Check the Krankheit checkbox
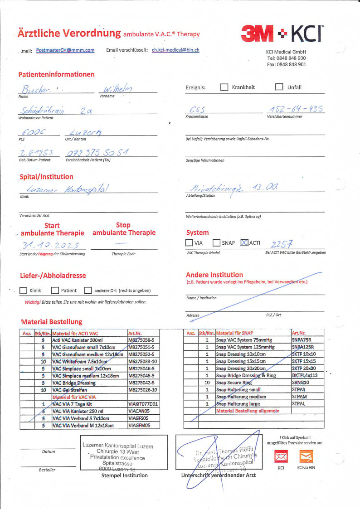[224, 87]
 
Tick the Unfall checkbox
[279, 87]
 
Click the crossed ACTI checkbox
[244, 243]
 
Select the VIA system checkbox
[189, 243]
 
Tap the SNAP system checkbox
[216, 243]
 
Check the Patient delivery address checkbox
[55, 291]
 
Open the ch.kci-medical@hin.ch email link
[176, 50]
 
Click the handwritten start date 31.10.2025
[50, 245]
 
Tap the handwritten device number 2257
[282, 243]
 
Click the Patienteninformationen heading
[57, 74]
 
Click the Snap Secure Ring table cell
[234, 383]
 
